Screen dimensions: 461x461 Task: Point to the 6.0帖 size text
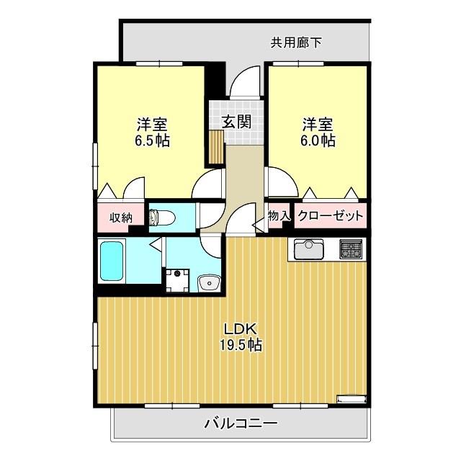click(x=317, y=140)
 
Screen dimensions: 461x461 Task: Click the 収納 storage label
click(x=120, y=217)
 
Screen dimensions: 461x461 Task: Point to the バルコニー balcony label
click(x=240, y=423)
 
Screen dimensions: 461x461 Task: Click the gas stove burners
click(x=352, y=251)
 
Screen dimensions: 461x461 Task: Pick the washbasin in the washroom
click(x=209, y=282)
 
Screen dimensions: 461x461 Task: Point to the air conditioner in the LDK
click(x=353, y=397)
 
